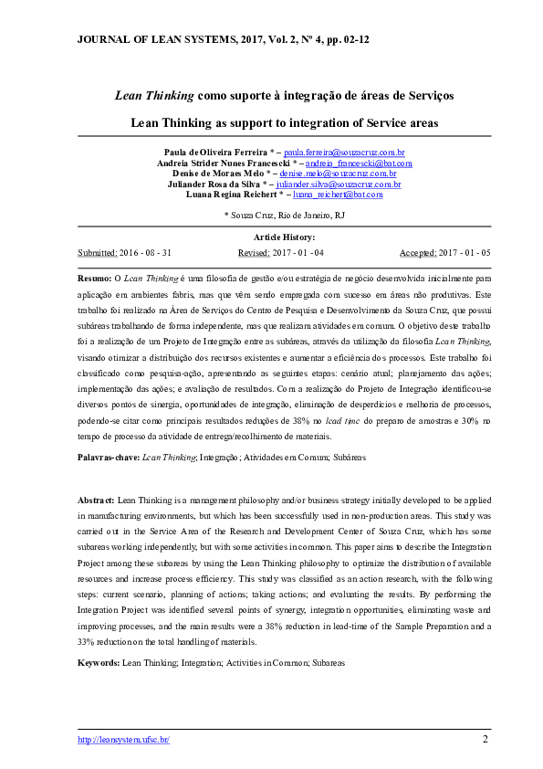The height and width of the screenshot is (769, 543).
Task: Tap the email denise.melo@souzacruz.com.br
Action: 338,173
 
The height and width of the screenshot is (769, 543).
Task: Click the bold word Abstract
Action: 96,501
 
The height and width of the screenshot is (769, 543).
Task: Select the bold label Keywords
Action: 98,660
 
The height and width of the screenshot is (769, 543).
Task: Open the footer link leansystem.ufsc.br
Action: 123,740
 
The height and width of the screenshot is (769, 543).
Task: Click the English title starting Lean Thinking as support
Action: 284,121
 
